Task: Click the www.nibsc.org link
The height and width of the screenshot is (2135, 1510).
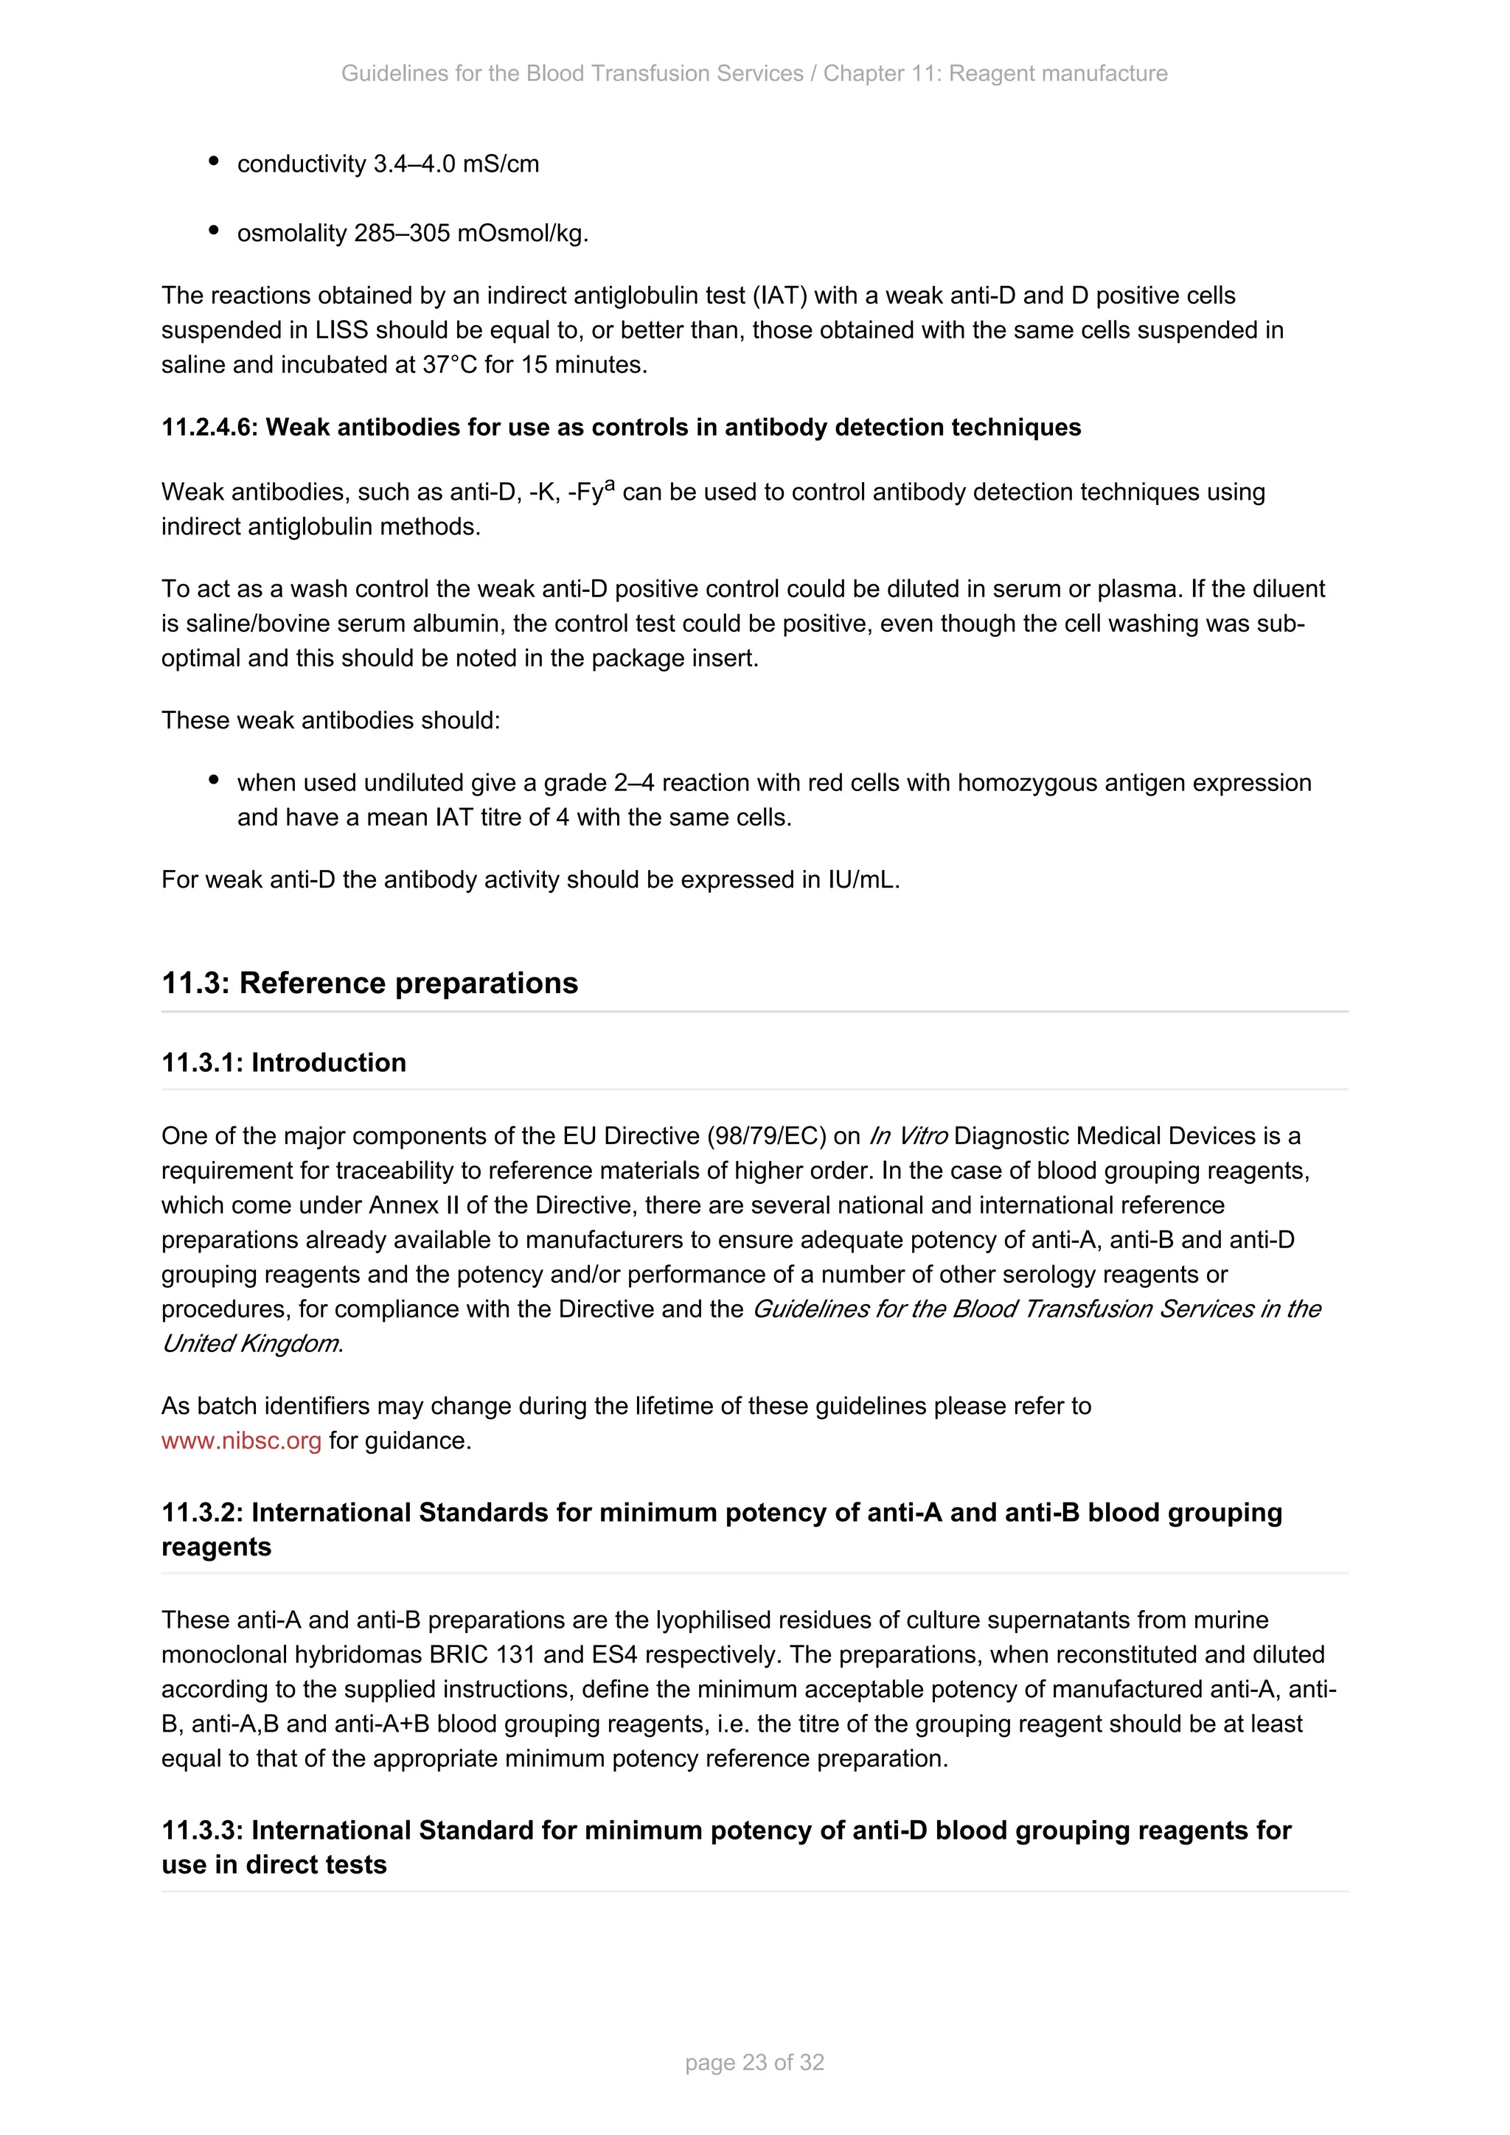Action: [241, 1441]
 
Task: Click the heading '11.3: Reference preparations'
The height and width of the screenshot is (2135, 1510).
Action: [369, 983]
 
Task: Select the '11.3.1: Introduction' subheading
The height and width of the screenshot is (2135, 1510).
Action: [284, 1063]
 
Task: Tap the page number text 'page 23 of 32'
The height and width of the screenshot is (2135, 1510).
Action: [754, 2063]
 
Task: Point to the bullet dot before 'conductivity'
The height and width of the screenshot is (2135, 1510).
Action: [214, 161]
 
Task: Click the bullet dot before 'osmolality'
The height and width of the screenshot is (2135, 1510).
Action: [214, 231]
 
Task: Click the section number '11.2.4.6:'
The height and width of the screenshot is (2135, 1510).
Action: [210, 428]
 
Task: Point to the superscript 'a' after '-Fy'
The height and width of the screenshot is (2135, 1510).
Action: [610, 484]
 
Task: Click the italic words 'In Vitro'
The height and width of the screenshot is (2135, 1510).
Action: [908, 1136]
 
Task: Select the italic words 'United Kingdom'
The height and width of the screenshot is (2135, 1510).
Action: [250, 1344]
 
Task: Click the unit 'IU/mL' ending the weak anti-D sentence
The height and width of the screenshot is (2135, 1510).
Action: [862, 880]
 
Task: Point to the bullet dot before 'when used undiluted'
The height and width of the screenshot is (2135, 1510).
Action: [214, 781]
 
